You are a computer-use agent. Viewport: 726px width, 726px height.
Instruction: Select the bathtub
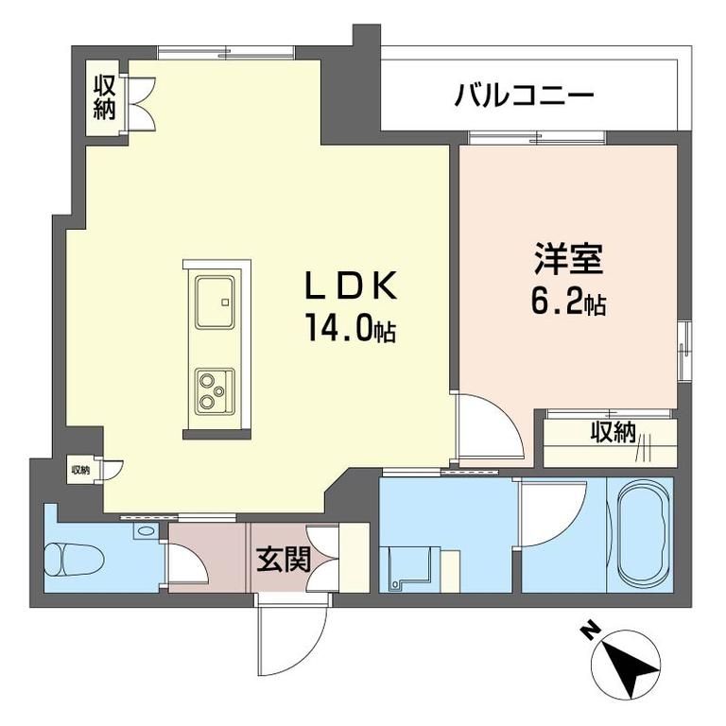coord(645,534)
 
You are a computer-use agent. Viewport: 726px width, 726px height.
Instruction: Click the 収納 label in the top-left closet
coord(104,97)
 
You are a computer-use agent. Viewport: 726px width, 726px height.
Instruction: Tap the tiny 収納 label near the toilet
coord(79,470)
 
